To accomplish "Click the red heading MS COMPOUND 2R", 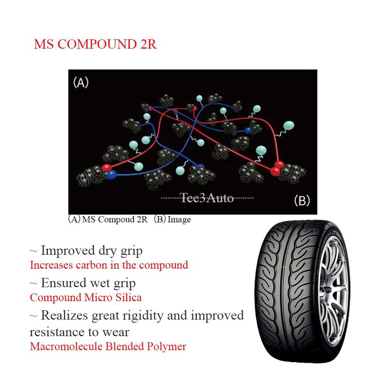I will [95, 44].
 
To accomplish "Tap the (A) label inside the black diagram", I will [81, 83].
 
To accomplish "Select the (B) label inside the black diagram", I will [302, 201].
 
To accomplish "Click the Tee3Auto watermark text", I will [207, 198].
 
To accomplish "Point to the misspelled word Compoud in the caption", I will [114, 220].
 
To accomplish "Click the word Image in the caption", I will [179, 220].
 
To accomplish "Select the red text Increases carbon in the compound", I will [109, 265].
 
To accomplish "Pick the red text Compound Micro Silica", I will [86, 298].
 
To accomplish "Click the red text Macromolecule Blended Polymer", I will [108, 346].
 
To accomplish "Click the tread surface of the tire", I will [278, 293].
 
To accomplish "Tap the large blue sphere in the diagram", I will [111, 175].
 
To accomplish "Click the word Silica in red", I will [128, 298].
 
